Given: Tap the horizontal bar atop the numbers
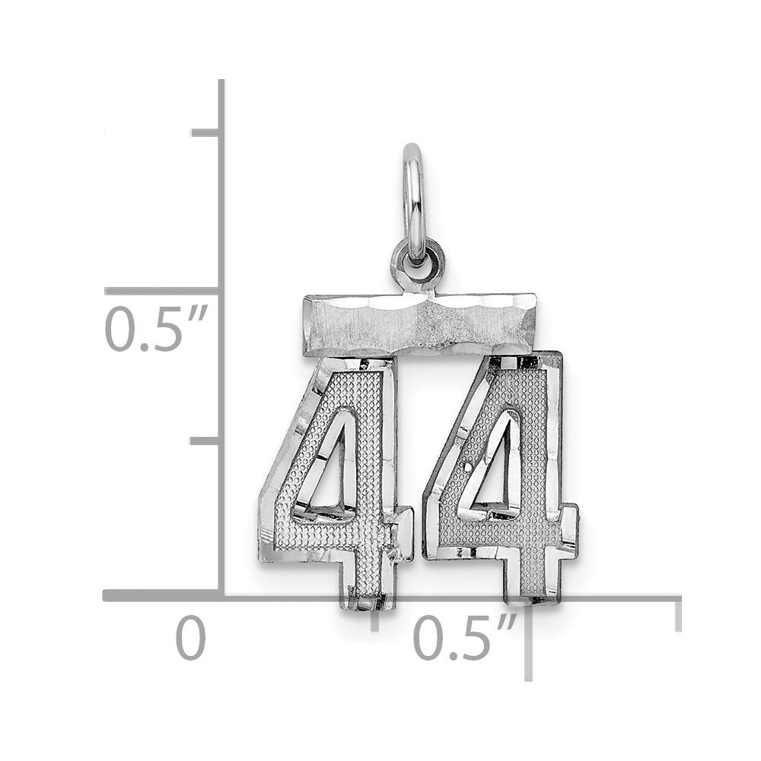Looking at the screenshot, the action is [x=420, y=323].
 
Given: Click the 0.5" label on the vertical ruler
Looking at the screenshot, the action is [x=156, y=329].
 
